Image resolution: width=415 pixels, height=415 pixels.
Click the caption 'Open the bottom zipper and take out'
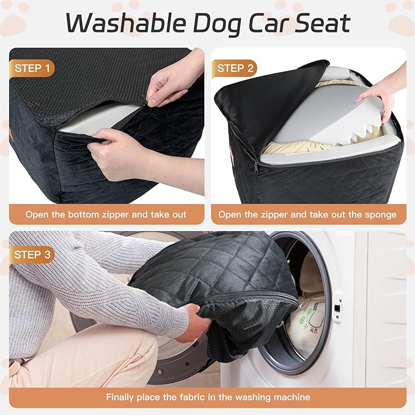(x=106, y=215)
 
